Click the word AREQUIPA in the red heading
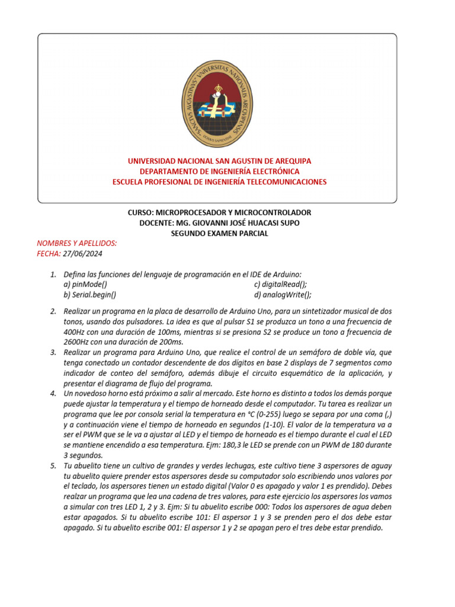click(290, 161)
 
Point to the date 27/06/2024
click(82, 254)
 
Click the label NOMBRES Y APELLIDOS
click(77, 243)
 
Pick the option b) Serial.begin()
click(90, 295)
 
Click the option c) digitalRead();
click(280, 284)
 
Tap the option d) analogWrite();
click(283, 295)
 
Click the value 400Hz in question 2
click(75, 332)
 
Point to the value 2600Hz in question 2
click(77, 342)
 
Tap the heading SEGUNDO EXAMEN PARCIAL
click(219, 234)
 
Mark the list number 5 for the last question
click(52, 466)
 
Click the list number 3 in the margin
click(52, 353)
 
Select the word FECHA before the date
click(48, 254)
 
